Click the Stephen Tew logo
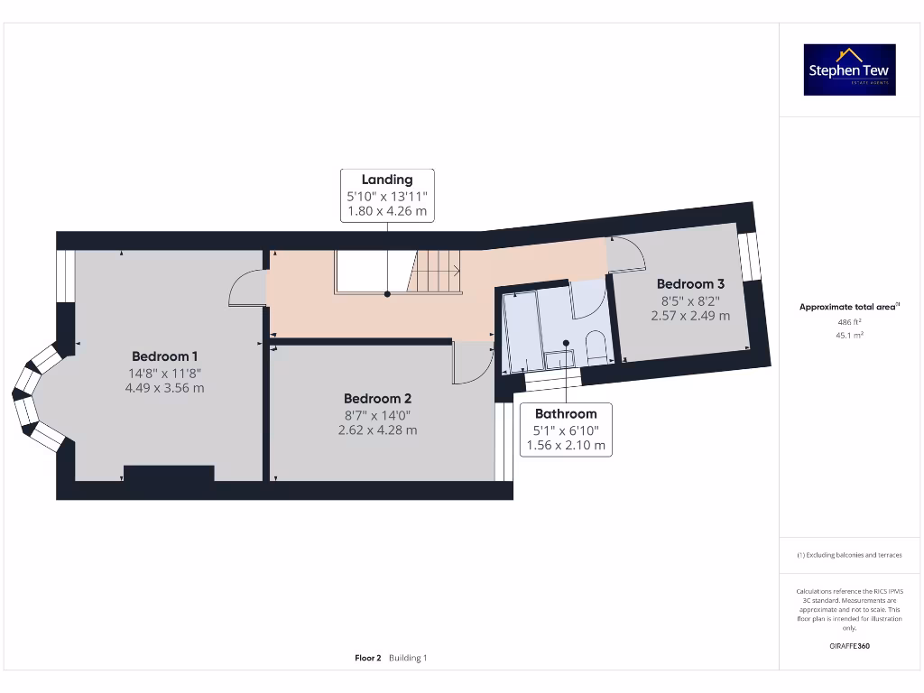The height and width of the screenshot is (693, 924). tap(849, 69)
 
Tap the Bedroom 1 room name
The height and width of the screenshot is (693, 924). tap(165, 356)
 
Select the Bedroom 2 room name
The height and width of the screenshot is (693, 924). tap(377, 399)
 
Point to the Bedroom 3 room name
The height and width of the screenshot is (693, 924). tap(690, 283)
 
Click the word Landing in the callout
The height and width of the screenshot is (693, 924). tap(387, 180)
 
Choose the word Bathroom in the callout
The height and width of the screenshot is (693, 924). tap(566, 413)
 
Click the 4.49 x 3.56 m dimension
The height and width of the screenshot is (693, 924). tap(165, 389)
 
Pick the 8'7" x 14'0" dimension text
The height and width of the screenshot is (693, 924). tap(377, 415)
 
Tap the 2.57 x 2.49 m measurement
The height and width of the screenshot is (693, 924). tap(690, 316)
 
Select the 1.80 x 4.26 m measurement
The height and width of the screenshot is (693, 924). tap(387, 212)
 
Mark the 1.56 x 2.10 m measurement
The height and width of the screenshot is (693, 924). tap(566, 446)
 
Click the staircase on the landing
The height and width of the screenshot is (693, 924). tap(438, 271)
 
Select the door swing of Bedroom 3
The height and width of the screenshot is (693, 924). tap(626, 255)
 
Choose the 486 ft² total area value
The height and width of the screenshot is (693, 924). tap(849, 321)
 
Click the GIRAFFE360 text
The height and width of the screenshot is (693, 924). tap(849, 646)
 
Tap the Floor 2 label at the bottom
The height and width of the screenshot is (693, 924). tap(368, 658)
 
